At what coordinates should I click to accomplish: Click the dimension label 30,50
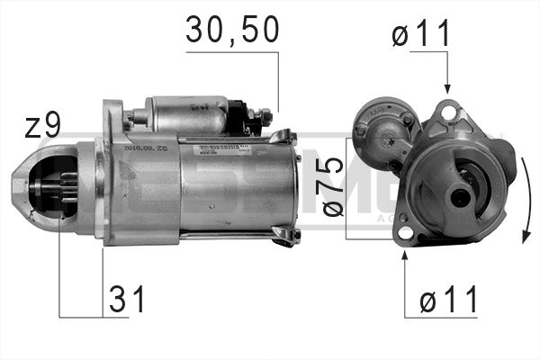[x=232, y=30]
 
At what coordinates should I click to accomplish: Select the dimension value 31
[x=126, y=301]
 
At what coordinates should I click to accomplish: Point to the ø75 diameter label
[x=330, y=185]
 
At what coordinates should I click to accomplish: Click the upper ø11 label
[x=420, y=36]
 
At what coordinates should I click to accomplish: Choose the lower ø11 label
[x=447, y=301]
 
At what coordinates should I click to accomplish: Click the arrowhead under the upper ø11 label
[x=447, y=87]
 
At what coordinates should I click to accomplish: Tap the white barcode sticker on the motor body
[x=209, y=148]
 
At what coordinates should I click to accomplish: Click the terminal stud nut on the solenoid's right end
[x=264, y=115]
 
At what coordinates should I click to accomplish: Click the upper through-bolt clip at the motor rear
[x=283, y=138]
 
